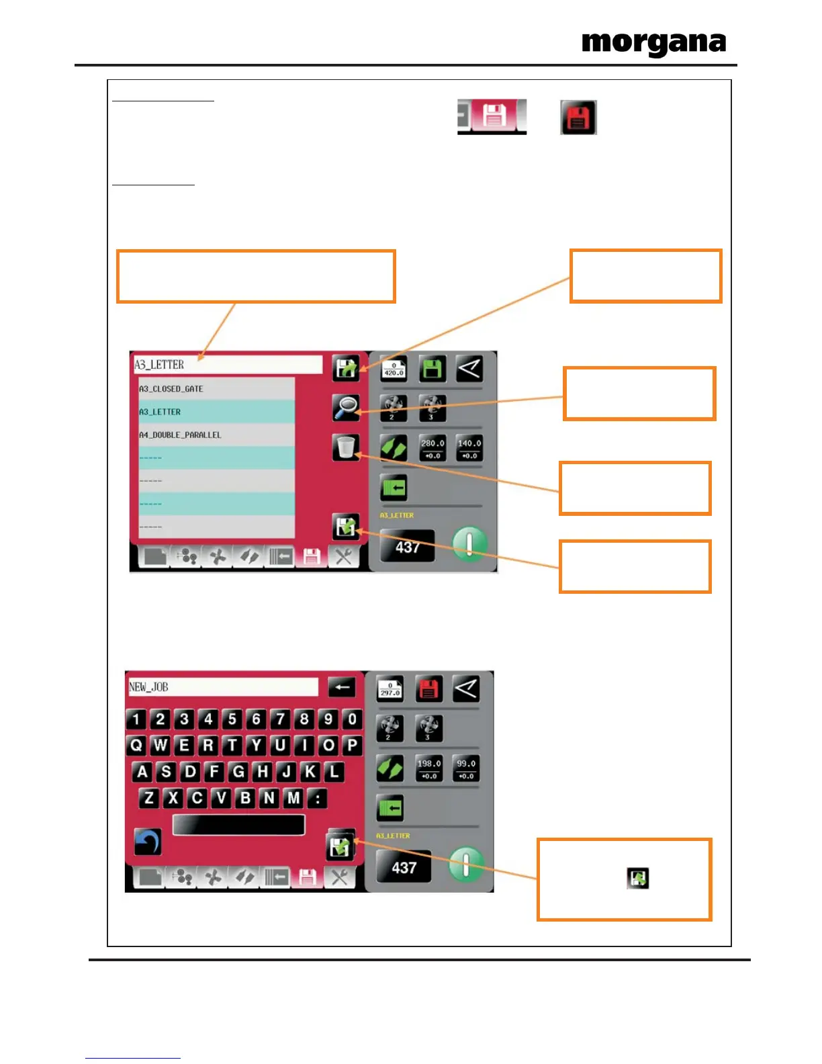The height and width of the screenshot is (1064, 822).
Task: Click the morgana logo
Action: point(653,44)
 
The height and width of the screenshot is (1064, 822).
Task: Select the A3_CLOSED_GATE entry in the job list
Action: point(215,389)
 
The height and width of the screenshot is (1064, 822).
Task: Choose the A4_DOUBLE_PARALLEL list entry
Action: point(215,435)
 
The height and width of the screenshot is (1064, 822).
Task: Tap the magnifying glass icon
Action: point(346,408)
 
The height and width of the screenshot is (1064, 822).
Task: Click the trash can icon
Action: point(346,447)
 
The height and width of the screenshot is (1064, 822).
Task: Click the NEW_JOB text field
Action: point(222,686)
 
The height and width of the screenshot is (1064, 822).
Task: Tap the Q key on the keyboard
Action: point(136,746)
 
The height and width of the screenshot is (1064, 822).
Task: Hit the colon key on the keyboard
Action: point(318,798)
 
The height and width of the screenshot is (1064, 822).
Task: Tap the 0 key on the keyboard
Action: point(352,719)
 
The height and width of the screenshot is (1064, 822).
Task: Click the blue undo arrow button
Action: point(148,842)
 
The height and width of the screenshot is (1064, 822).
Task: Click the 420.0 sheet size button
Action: point(394,368)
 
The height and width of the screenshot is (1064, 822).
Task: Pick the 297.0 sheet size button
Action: point(390,689)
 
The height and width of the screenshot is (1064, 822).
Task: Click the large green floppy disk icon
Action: point(432,369)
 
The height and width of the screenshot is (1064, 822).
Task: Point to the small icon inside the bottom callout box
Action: point(637,878)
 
